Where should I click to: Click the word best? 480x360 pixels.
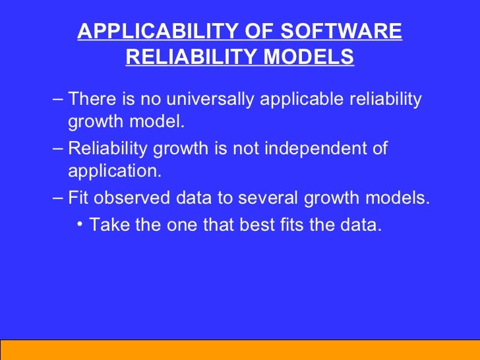256,224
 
